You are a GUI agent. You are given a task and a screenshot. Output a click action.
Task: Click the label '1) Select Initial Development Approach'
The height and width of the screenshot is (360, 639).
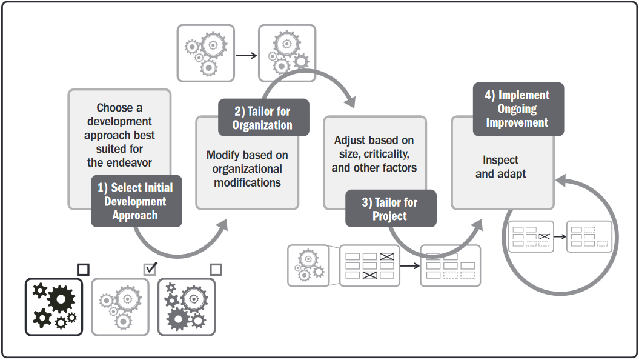[x=136, y=202]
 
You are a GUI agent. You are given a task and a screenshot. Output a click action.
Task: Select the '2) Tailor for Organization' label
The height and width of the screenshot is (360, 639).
[x=263, y=118]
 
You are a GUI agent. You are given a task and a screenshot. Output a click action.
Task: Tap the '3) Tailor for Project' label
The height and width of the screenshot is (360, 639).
[x=390, y=209]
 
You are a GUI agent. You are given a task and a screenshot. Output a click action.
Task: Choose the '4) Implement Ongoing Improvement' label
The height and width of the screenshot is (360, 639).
[x=518, y=109]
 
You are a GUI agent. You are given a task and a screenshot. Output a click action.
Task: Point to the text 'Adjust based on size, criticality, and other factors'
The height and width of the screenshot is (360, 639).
[x=374, y=154]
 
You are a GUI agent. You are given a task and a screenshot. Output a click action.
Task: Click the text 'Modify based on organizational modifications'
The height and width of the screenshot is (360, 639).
[x=247, y=168]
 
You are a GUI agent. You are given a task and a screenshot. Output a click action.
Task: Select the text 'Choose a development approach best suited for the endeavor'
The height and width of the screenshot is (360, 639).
[x=119, y=135]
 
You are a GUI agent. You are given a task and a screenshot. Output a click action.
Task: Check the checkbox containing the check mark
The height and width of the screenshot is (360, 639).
[x=150, y=268]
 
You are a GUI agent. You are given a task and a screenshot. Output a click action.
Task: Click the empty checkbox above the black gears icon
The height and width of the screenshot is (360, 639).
[x=83, y=269]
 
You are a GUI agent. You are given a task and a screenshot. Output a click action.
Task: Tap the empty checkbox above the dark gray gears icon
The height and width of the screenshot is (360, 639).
[x=216, y=269]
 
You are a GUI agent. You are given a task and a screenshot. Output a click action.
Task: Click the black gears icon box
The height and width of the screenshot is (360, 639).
[x=54, y=307]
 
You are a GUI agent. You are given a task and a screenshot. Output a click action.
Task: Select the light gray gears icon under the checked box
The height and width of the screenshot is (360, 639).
[x=120, y=307]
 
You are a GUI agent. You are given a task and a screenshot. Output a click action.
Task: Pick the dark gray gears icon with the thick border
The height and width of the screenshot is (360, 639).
[x=187, y=307]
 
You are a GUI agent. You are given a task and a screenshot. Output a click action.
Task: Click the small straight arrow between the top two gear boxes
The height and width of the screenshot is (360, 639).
[x=246, y=55]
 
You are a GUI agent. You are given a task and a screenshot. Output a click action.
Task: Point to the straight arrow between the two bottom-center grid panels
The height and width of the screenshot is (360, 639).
[x=409, y=265]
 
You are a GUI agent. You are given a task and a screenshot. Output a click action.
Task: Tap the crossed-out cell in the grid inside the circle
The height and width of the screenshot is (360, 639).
[x=543, y=236]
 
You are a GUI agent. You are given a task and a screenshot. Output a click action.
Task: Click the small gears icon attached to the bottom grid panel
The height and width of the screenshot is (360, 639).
[x=308, y=265]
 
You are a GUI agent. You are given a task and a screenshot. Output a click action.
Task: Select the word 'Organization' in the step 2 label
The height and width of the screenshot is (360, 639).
[x=263, y=125]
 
